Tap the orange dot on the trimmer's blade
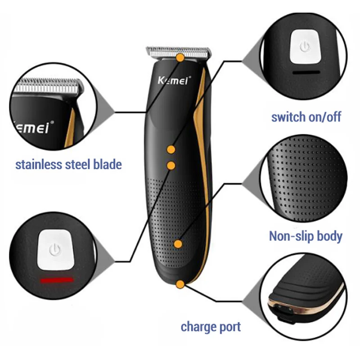[180, 57]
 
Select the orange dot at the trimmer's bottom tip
[180, 284]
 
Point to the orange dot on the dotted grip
[178, 244]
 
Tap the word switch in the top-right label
[288, 117]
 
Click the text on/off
[324, 117]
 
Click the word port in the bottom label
[229, 327]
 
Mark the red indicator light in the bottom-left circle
[57, 280]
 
